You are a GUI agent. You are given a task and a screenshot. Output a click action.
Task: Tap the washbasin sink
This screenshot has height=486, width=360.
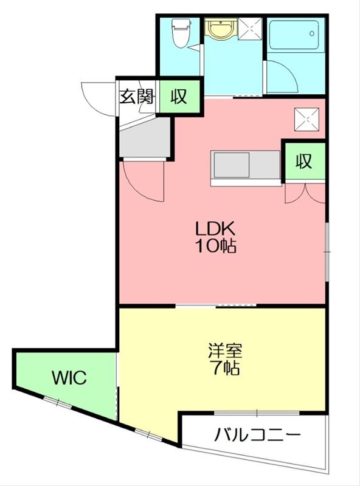coord(217,28)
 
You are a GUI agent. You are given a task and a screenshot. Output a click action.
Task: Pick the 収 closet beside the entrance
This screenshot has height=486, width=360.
coord(179,96)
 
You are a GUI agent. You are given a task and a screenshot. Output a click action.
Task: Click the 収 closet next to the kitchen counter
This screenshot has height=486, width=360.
coord(304,160)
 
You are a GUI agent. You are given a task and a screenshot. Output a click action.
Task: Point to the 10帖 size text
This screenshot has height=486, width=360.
coord(215,246)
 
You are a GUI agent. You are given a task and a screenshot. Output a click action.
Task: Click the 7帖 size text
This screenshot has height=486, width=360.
coord(226,368)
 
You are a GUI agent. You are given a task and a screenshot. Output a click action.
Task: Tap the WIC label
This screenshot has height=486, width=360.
coord(69,377)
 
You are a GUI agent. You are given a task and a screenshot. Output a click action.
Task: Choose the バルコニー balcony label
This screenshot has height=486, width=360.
coord(258,435)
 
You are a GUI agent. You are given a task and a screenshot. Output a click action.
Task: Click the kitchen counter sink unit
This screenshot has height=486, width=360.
coord(231,165)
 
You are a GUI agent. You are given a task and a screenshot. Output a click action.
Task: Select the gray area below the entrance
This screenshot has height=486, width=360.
coord(144,140)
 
